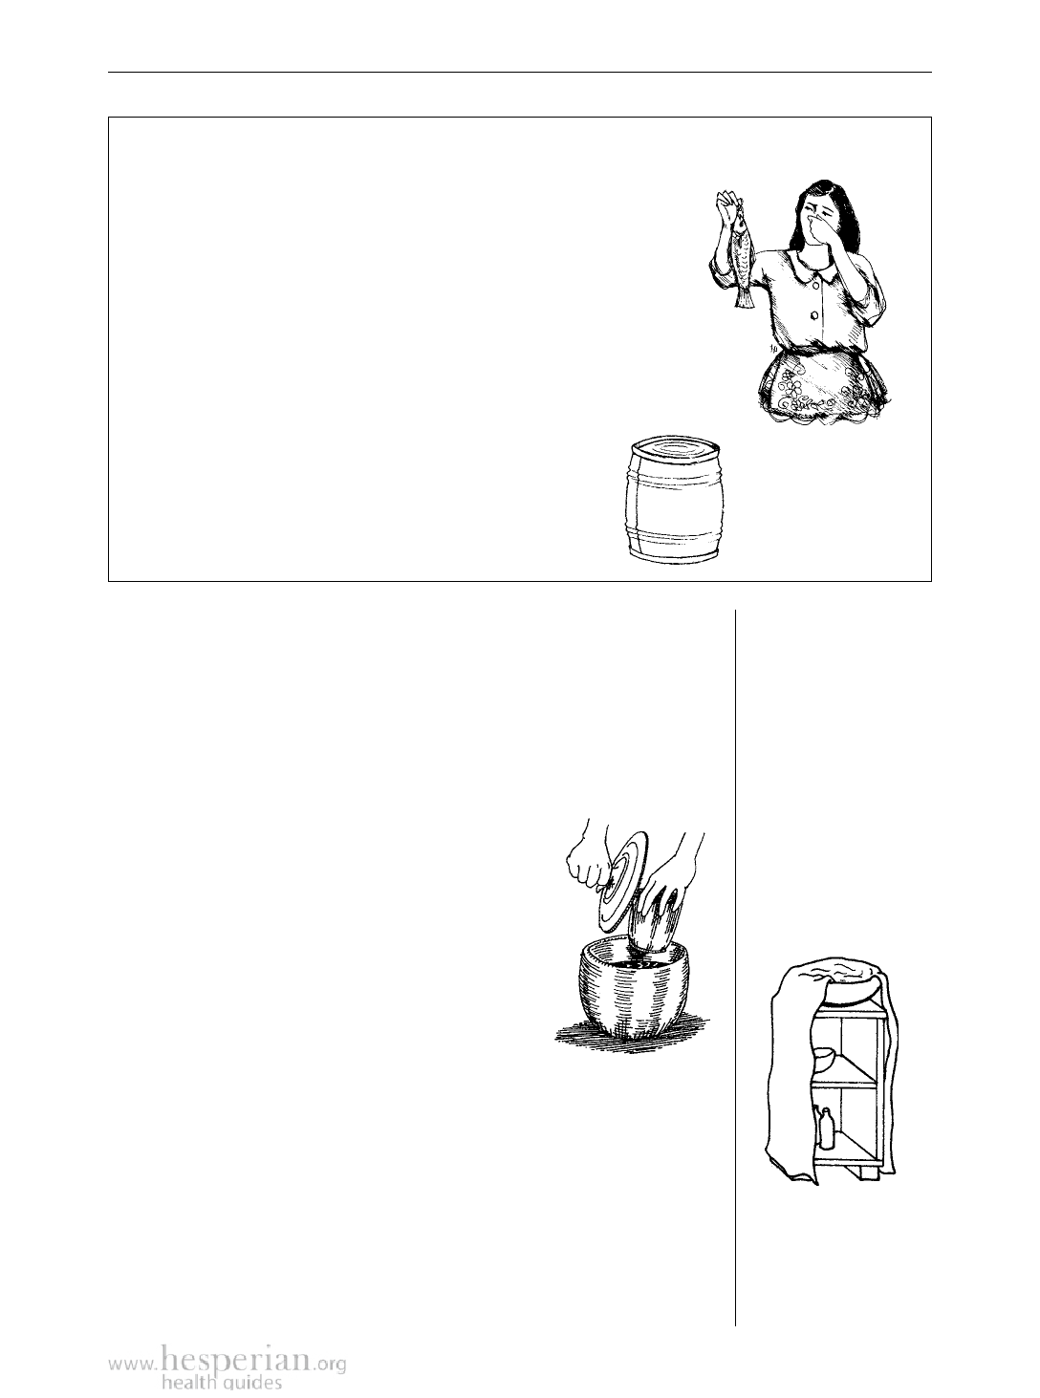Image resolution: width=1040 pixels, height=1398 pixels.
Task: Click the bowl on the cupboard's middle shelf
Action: [824, 1061]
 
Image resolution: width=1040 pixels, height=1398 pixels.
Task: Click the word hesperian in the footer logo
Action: [236, 1358]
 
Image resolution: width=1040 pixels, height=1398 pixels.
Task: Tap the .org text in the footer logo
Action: [330, 1360]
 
